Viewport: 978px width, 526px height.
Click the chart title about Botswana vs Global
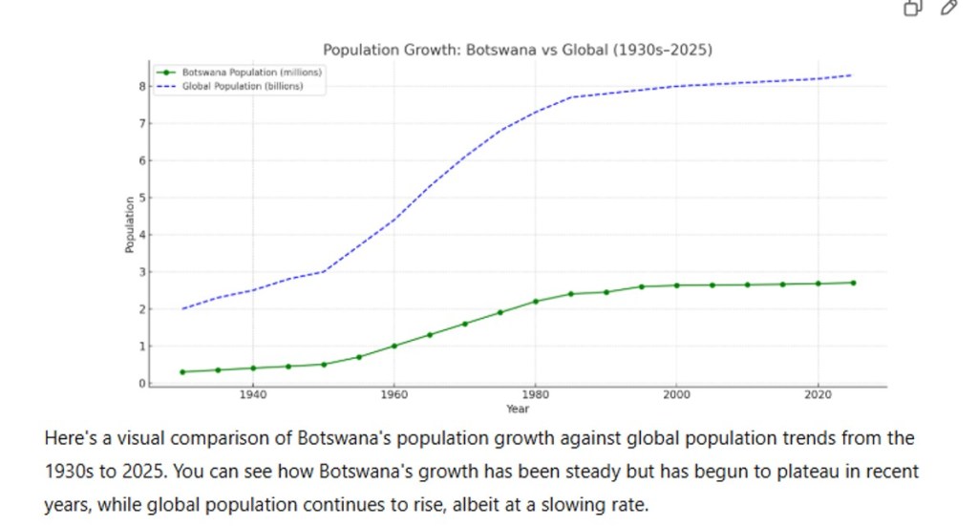coord(517,50)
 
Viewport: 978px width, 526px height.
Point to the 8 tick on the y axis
coord(141,86)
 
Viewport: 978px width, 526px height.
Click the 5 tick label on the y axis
coord(141,198)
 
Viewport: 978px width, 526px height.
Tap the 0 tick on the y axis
coord(141,383)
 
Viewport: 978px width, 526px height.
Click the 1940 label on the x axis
coord(252,394)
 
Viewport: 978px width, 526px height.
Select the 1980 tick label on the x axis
coord(535,394)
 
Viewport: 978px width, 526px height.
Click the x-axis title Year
coord(517,409)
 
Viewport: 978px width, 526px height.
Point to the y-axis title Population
coord(129,225)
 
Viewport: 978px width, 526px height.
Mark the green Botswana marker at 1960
coord(394,346)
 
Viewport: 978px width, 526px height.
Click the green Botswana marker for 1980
coord(536,302)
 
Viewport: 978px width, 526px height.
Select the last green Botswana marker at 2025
coord(853,283)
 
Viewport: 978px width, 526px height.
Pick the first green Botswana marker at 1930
coord(182,371)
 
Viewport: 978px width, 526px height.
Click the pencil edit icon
coord(948,9)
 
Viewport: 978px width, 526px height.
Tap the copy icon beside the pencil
coord(913,9)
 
